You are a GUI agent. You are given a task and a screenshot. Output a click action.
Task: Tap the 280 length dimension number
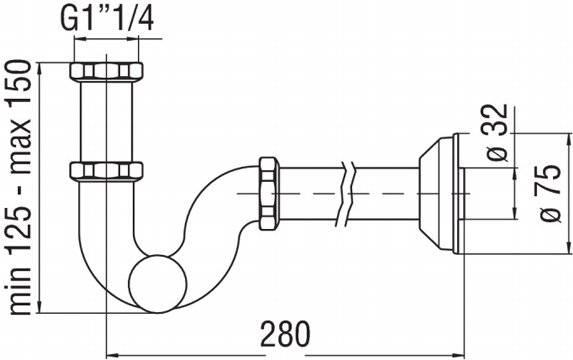pyautogui.click(x=285, y=334)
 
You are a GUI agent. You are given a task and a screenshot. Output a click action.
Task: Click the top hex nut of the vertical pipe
pyautogui.click(x=106, y=71)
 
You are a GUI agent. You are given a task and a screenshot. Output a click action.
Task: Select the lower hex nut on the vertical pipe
pyautogui.click(x=106, y=170)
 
